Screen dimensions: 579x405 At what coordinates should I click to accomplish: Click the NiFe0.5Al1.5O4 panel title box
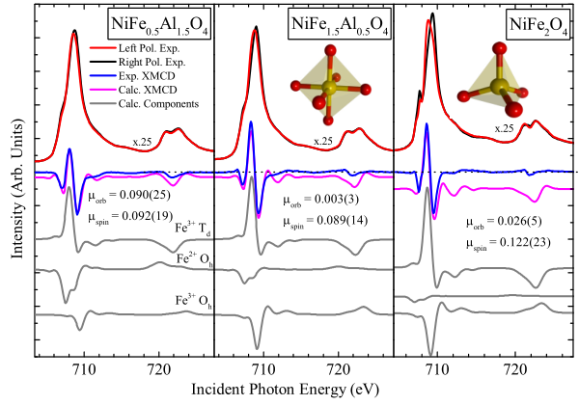tap(159, 24)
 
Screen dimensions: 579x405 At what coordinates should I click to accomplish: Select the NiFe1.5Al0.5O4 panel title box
tap(340, 24)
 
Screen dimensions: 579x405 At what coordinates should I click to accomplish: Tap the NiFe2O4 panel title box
tap(538, 24)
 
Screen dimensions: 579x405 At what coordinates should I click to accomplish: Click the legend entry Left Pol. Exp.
tap(134, 48)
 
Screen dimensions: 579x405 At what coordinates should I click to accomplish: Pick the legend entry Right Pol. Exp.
tap(137, 62)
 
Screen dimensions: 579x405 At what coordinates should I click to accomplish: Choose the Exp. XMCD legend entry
tap(132, 76)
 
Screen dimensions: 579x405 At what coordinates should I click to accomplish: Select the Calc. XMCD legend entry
tap(133, 90)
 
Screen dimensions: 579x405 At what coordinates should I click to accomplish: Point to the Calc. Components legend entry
tap(144, 103)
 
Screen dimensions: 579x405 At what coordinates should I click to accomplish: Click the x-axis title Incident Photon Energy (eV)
tap(285, 390)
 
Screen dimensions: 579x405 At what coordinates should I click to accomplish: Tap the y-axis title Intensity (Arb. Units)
tap(17, 188)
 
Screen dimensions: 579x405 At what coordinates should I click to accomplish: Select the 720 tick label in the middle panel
tap(339, 369)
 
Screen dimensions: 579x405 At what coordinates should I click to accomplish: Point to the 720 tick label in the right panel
tap(515, 369)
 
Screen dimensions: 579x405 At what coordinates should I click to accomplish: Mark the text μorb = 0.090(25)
tap(129, 195)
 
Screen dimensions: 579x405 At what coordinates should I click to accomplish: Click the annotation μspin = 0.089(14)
tap(325, 221)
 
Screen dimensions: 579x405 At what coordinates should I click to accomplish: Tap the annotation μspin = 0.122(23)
tap(509, 243)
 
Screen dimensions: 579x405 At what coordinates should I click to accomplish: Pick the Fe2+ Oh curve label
tap(194, 259)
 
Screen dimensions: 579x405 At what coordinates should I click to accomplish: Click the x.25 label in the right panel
tap(504, 128)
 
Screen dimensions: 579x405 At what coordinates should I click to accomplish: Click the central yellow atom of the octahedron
tap(329, 88)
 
